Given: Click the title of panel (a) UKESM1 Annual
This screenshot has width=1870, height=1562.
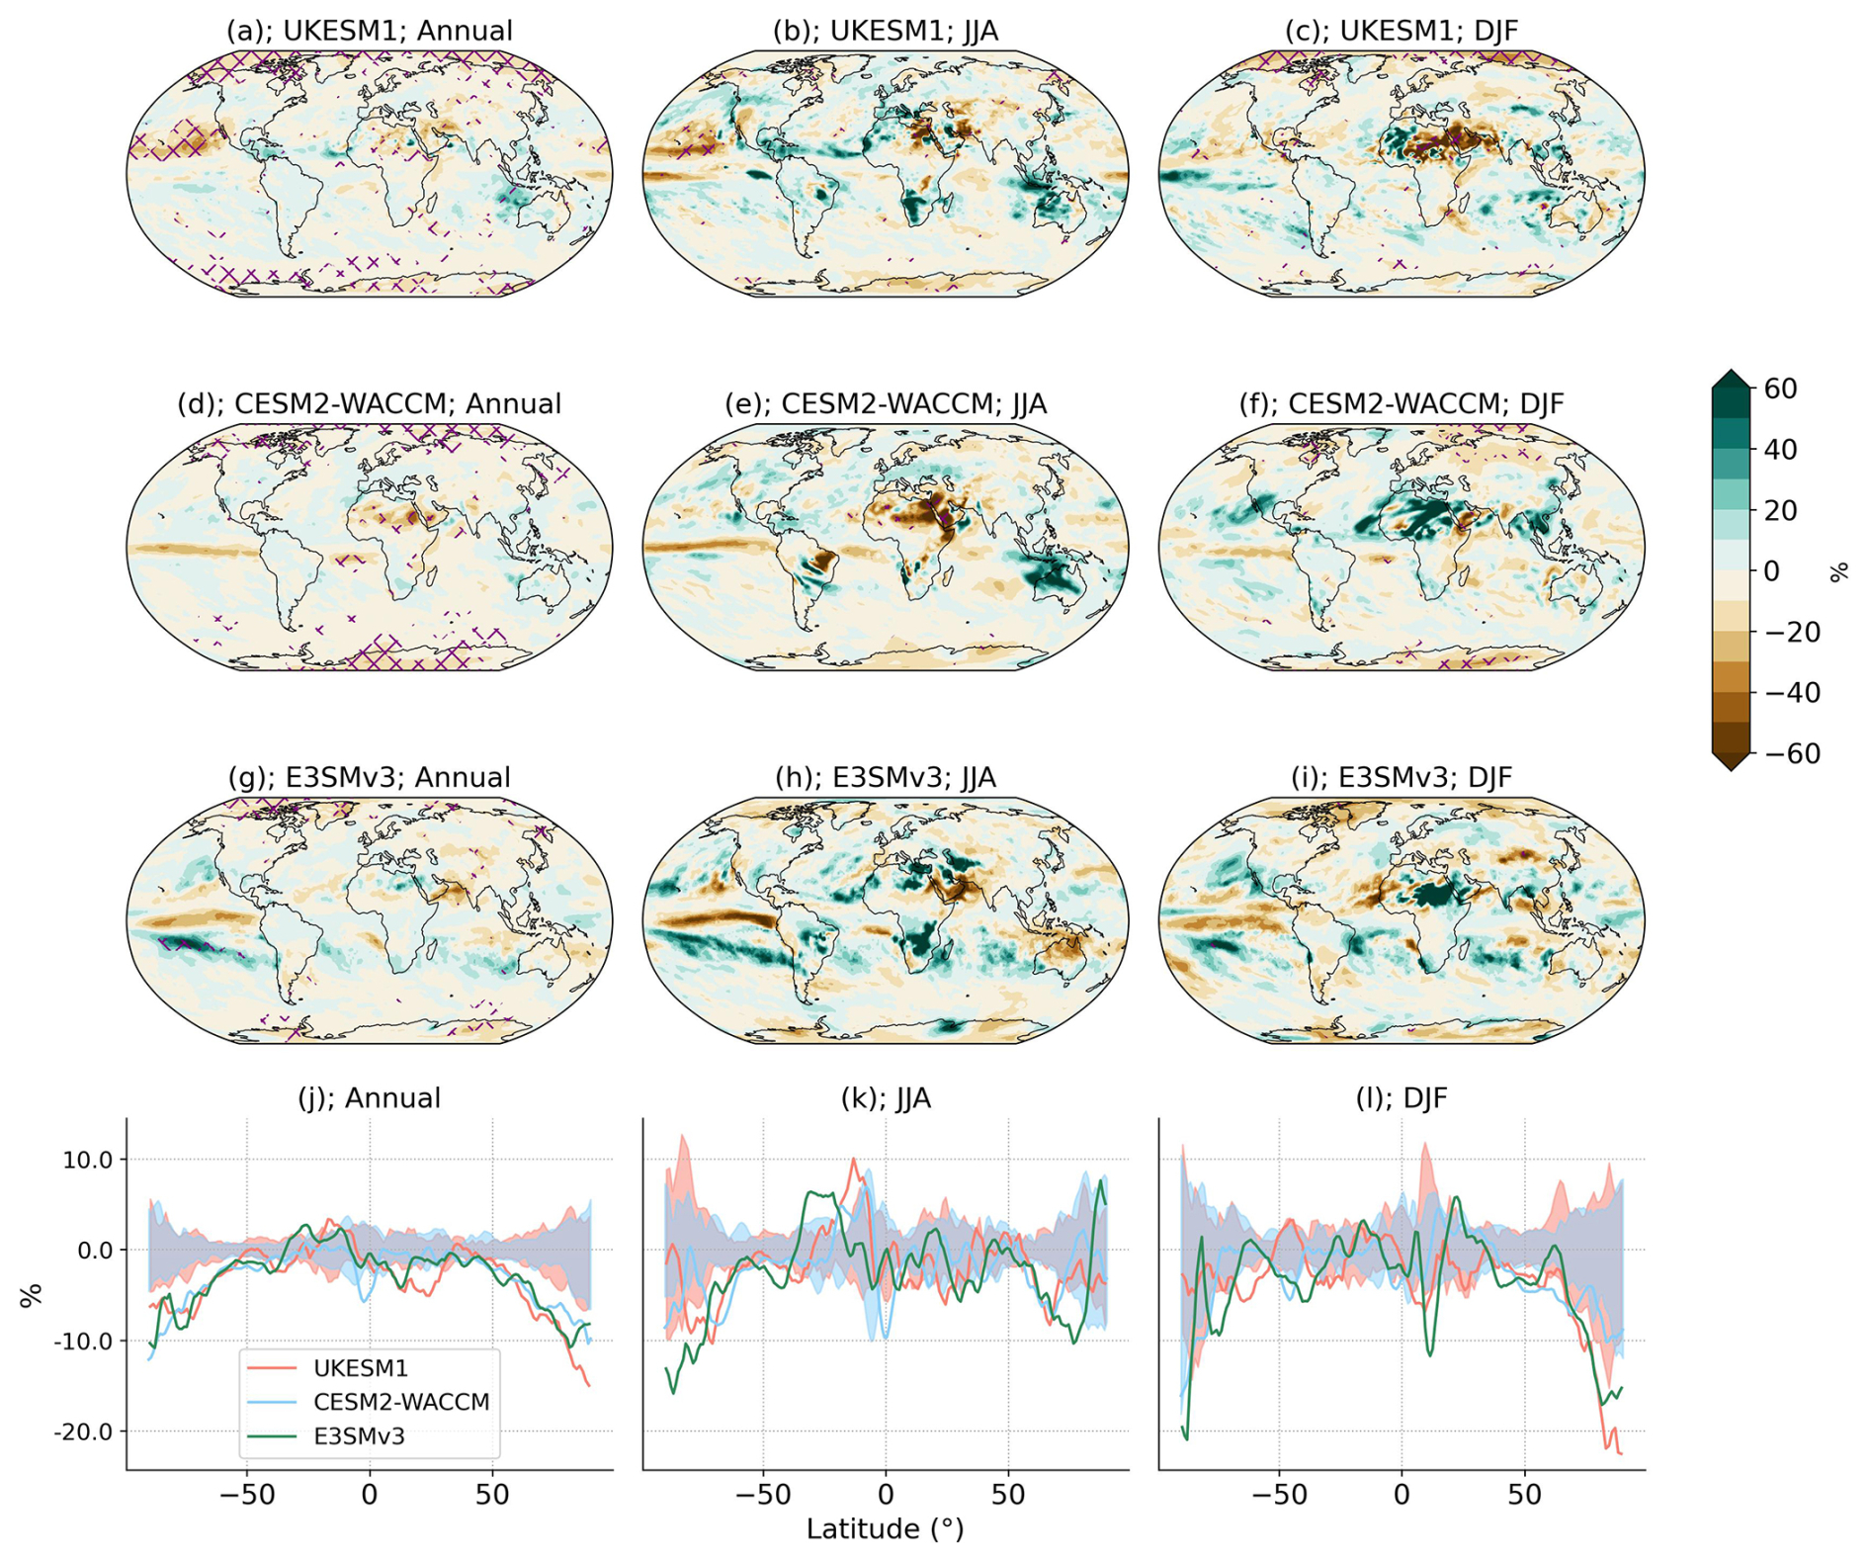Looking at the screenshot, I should pyautogui.click(x=369, y=31).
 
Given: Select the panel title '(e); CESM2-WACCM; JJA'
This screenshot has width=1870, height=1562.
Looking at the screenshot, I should pyautogui.click(x=885, y=404).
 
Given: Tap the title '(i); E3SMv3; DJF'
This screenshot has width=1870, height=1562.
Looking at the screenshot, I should pyautogui.click(x=1401, y=778).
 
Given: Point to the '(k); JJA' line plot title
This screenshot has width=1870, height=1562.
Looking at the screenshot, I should pyautogui.click(x=885, y=1098).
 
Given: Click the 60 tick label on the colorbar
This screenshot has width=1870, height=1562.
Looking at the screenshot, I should pyautogui.click(x=1780, y=389).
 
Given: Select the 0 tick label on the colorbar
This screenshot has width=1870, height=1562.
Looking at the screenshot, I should pyautogui.click(x=1771, y=571).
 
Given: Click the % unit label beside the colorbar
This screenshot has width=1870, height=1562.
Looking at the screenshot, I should pyautogui.click(x=1839, y=571).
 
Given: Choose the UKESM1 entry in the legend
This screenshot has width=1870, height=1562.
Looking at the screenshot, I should pyautogui.click(x=360, y=1368).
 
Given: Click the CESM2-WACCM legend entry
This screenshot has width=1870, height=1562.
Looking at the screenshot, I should pyautogui.click(x=400, y=1402).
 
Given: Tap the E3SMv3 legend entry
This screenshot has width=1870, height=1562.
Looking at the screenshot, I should pyautogui.click(x=359, y=1436).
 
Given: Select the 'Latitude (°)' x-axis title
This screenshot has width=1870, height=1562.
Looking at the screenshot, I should pyautogui.click(x=885, y=1529).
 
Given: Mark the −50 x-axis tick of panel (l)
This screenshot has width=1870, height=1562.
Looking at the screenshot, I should pyautogui.click(x=1279, y=1494).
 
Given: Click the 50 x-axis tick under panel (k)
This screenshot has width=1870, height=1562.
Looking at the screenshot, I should pyautogui.click(x=1008, y=1494).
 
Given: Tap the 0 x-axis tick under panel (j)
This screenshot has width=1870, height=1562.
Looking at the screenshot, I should pyautogui.click(x=370, y=1494).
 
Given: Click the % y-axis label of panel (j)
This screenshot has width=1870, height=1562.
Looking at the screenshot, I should pyautogui.click(x=32, y=1295).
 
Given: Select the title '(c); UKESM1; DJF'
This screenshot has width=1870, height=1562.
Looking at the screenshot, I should pyautogui.click(x=1401, y=31).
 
